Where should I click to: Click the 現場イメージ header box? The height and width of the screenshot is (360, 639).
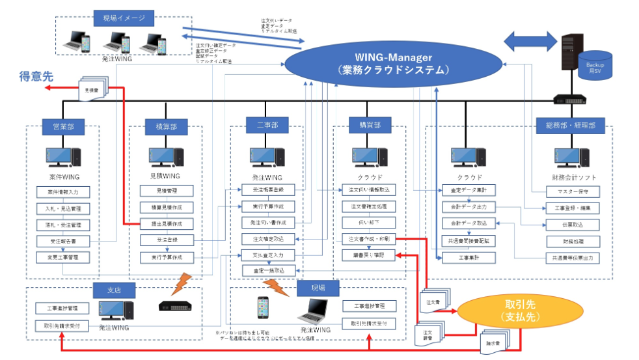coord(123,18)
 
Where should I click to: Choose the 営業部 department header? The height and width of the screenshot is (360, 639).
coord(62,126)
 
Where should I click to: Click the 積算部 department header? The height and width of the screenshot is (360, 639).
coord(165,126)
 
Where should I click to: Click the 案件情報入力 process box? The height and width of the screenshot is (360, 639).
coord(63,192)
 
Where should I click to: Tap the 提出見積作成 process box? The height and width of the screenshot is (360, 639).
coord(167,224)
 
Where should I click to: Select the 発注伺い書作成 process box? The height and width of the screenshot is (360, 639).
coord(268,223)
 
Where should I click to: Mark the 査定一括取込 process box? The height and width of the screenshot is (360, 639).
coord(268,270)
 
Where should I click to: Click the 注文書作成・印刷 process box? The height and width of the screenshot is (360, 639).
coord(369,239)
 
